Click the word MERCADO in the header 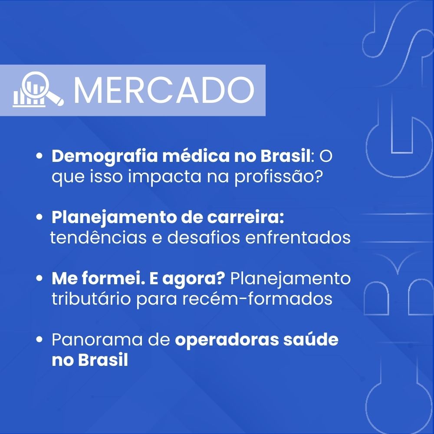pyautogui.click(x=164, y=90)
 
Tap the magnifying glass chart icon pyautogui.click(x=38, y=89)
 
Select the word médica pyautogui.click(x=196, y=156)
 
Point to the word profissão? pyautogui.click(x=279, y=177)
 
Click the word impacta pyautogui.click(x=164, y=177)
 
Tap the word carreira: pyautogui.click(x=246, y=218)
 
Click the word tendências pyautogui.click(x=98, y=237)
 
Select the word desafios pyautogui.click(x=204, y=237)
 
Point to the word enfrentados pyautogui.click(x=298, y=237)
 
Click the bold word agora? pyautogui.click(x=194, y=279)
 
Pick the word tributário pyautogui.click(x=91, y=299)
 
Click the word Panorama pyautogui.click(x=97, y=340)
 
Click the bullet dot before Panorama pyautogui.click(x=39, y=339)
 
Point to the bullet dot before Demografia pyautogui.click(x=39, y=156)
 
